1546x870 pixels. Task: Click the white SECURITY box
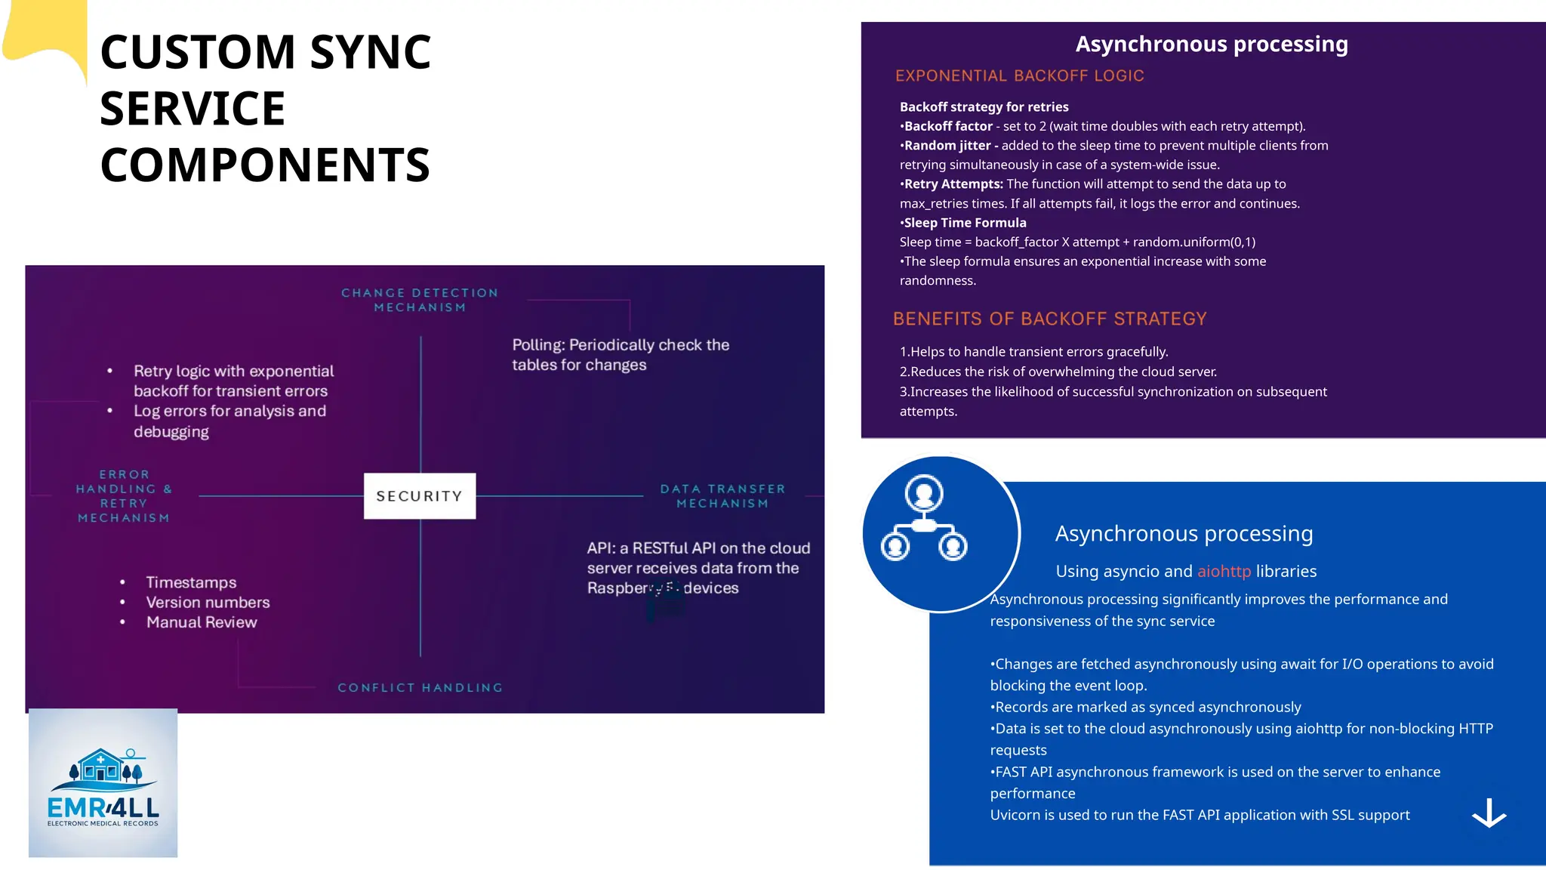(x=420, y=496)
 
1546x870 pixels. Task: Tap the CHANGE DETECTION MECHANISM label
(x=420, y=300)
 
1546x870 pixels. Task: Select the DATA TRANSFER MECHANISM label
(x=722, y=496)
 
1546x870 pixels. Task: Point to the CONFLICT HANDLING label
(x=420, y=687)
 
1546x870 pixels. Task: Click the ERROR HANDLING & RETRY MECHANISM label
(x=124, y=496)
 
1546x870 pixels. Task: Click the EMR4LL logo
(x=103, y=783)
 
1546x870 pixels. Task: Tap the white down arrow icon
(x=1489, y=813)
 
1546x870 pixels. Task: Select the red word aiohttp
(x=1224, y=572)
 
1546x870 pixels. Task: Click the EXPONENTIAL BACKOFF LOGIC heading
(x=1019, y=76)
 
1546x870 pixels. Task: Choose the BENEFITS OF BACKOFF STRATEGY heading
(x=1049, y=319)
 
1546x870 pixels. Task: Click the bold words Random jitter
(x=947, y=146)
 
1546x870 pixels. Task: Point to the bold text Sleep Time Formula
(x=965, y=223)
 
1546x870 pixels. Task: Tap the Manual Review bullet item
(x=202, y=622)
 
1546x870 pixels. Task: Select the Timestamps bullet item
(x=191, y=582)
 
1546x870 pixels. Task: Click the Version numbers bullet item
(x=208, y=603)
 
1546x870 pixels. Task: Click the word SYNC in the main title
(x=370, y=53)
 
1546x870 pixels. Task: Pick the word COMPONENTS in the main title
(x=265, y=165)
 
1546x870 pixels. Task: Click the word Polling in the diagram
(x=538, y=345)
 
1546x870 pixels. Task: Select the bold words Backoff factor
(x=948, y=126)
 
